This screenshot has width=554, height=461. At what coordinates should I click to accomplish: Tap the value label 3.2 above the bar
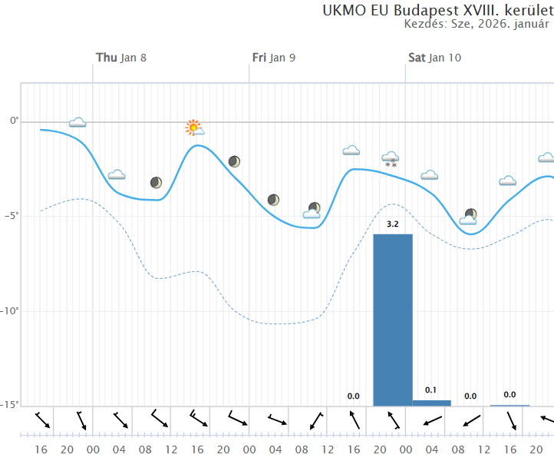point(392,224)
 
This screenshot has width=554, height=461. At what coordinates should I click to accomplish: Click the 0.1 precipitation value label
point(431,390)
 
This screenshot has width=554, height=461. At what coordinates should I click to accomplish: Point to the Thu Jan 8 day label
point(121,58)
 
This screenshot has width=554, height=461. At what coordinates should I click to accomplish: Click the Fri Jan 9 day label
point(274,58)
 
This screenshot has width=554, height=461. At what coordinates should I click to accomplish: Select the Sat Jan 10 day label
point(434,58)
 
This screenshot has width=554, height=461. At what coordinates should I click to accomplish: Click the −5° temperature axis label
point(10,216)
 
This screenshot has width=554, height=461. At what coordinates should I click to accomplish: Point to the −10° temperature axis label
point(10,311)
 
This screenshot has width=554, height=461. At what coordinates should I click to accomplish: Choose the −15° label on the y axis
point(10,405)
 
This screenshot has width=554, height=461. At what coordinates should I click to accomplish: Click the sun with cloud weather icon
point(194,128)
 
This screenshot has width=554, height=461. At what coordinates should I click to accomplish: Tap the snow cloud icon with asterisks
point(391,159)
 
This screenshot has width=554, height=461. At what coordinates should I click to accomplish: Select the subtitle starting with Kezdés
point(477,24)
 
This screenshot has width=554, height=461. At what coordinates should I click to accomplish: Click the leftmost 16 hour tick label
point(41,449)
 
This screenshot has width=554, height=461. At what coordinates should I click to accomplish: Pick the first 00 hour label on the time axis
point(93,449)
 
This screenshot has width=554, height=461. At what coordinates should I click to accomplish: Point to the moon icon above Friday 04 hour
point(273,200)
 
